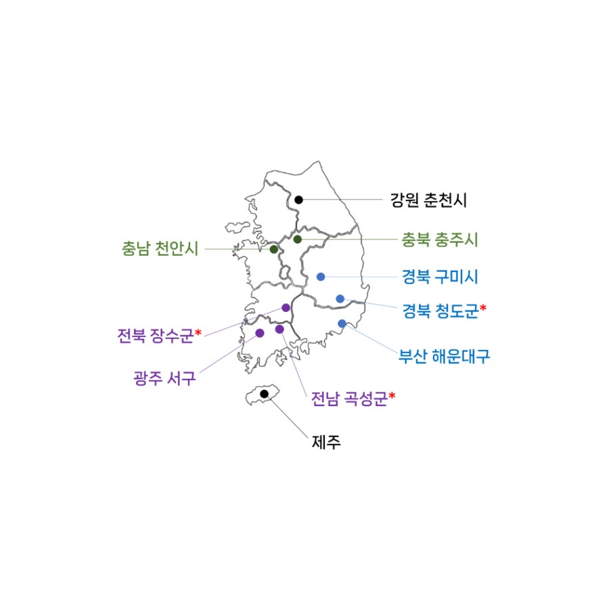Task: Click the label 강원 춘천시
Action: pos(428,200)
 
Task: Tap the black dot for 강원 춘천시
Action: pos(298,200)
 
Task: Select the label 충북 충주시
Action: pos(440,240)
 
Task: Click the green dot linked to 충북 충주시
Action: pos(298,240)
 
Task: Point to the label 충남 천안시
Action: pos(160,248)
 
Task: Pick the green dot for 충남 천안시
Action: pos(274,249)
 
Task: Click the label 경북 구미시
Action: pos(440,277)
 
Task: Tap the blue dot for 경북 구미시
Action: pos(321,277)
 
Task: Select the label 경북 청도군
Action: pos(441,311)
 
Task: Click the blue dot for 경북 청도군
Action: pos(340,298)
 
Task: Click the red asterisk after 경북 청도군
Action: pos(482,308)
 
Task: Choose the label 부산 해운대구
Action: pos(445,356)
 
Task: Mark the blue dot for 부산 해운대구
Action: pos(342,323)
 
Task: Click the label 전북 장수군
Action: pos(156,336)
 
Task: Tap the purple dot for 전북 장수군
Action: pos(286,308)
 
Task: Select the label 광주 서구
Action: pos(164,378)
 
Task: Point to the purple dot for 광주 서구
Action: pos(260,333)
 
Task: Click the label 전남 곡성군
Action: pos(350,399)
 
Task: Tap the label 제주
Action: pos(326,442)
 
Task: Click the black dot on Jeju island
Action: pos(264,394)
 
